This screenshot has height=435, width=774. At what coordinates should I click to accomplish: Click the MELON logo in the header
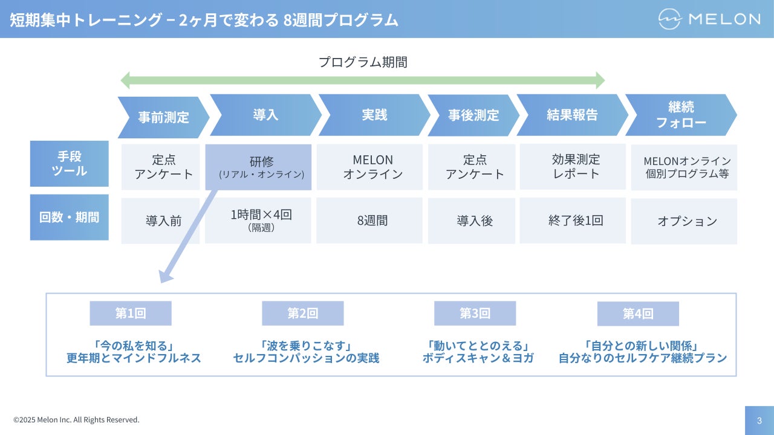709,19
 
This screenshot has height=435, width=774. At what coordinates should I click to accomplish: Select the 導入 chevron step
265,115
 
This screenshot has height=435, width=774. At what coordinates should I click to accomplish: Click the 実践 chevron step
374,115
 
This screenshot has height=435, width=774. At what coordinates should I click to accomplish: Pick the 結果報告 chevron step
572,115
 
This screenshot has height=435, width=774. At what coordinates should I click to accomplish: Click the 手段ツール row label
70,164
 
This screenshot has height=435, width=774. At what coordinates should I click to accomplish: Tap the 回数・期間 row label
70,217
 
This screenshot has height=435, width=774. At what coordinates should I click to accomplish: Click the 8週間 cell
372,221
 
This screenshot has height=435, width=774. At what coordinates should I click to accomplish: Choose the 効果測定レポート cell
573,167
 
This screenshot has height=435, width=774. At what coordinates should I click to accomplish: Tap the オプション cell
684,221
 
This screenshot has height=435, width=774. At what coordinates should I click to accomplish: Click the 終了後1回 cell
573,221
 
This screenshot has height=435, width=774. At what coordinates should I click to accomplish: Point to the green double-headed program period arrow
363,80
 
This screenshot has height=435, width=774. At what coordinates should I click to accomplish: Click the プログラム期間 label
363,62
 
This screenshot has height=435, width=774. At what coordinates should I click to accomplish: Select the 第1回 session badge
131,314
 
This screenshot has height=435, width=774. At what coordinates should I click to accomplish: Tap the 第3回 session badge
475,314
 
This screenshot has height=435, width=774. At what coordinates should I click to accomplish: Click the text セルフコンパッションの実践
306,358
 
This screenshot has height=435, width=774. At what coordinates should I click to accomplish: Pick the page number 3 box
759,420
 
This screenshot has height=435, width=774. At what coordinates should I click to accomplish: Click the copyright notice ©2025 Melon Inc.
76,420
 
